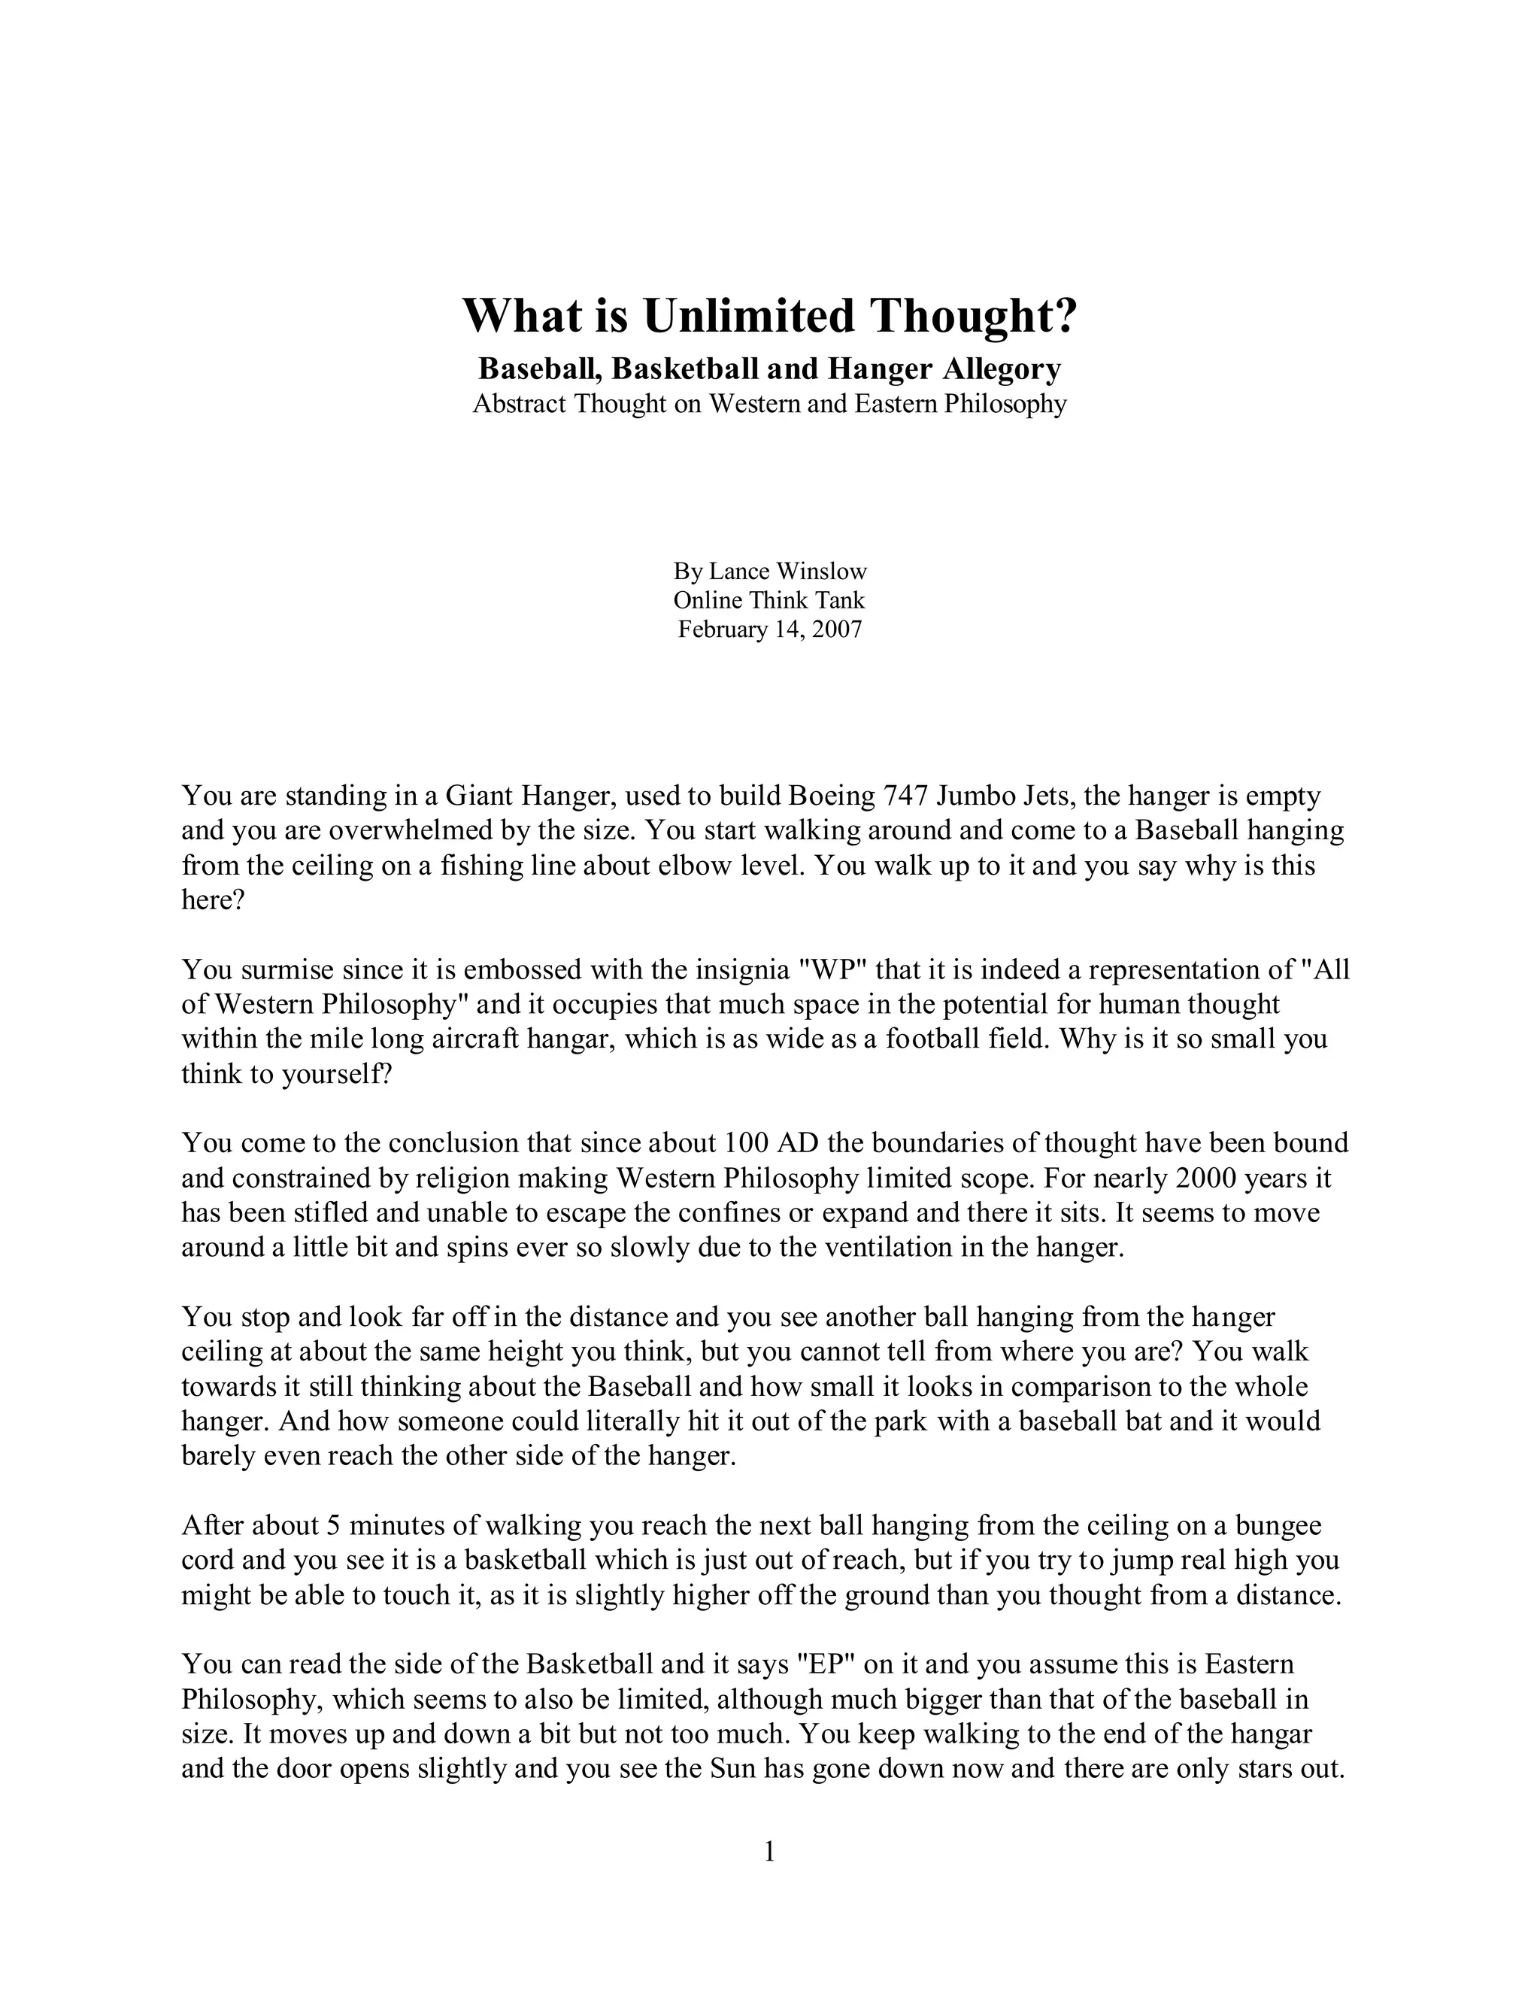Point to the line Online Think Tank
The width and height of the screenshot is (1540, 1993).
(769, 600)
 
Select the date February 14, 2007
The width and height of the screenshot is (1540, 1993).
(769, 629)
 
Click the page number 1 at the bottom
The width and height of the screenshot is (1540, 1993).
(769, 1852)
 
